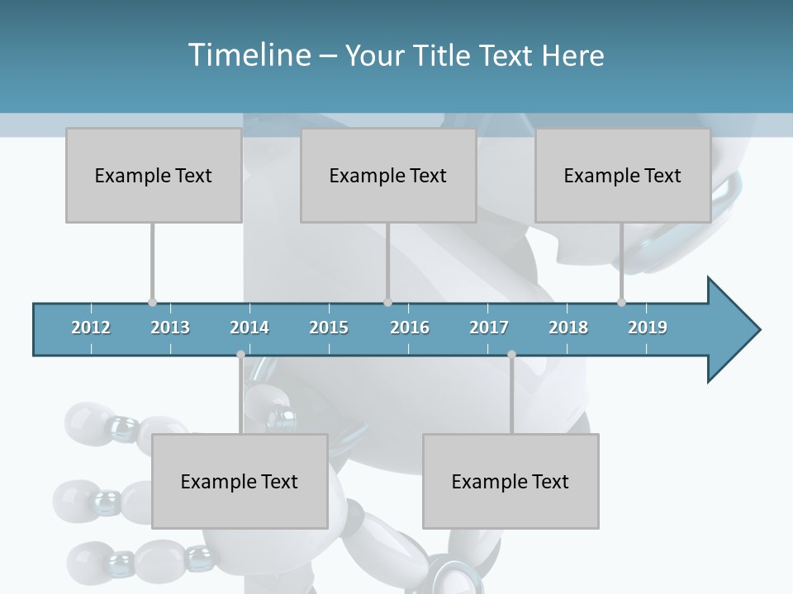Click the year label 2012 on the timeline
(x=91, y=328)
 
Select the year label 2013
(x=170, y=328)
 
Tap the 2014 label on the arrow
(x=249, y=328)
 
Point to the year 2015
(x=329, y=328)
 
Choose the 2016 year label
(x=410, y=328)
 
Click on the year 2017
(x=489, y=328)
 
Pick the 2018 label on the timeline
(x=568, y=328)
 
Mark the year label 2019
(x=648, y=328)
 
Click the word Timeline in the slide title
(x=248, y=55)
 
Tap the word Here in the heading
(x=572, y=55)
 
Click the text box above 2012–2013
(x=154, y=175)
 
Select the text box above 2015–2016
(x=388, y=175)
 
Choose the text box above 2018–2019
(x=623, y=175)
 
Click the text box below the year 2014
(x=240, y=481)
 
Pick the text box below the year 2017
(x=510, y=481)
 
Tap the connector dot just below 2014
(x=240, y=355)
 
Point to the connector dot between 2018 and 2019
(x=621, y=302)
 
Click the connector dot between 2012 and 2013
(x=152, y=302)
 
